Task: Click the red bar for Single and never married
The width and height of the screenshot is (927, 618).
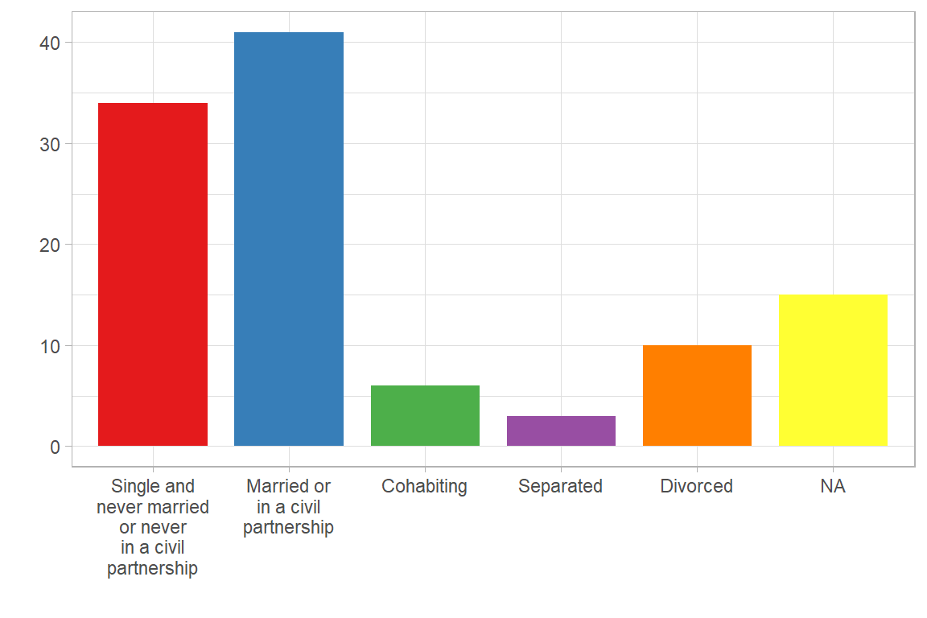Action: [x=153, y=274]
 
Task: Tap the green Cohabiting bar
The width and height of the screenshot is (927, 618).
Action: [x=425, y=415]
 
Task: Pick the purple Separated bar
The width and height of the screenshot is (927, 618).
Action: [x=561, y=431]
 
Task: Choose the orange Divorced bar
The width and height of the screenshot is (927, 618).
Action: [x=697, y=395]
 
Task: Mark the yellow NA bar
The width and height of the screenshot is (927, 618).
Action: [x=833, y=370]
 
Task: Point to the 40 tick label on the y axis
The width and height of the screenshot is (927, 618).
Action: [x=50, y=43]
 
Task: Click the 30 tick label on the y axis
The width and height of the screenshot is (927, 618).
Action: [x=50, y=144]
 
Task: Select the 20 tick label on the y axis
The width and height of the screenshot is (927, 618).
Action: [x=50, y=245]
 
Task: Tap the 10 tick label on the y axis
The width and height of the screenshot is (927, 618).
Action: [x=50, y=346]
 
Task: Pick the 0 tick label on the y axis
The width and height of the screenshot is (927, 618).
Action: [x=55, y=447]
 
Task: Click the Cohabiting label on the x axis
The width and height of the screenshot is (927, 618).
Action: [x=424, y=486]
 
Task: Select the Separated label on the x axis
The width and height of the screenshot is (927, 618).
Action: [x=560, y=486]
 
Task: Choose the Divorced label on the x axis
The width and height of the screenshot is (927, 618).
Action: [x=696, y=486]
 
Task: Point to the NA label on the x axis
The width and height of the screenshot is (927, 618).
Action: [x=833, y=486]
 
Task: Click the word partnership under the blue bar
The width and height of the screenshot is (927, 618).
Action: [x=288, y=528]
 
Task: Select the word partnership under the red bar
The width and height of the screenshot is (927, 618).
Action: [x=152, y=569]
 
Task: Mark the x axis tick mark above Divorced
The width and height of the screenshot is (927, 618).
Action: [x=697, y=469]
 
